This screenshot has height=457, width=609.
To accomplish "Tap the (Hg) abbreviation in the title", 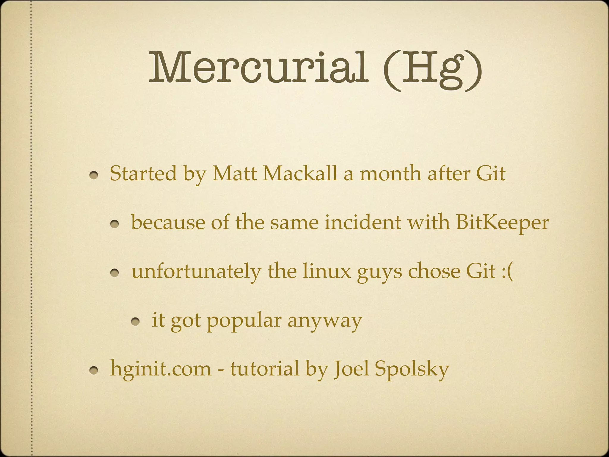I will (432, 70).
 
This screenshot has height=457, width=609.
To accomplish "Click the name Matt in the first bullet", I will (234, 173).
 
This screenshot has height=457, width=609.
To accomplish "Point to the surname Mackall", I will (300, 173).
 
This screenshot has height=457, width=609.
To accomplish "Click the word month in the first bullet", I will (390, 173).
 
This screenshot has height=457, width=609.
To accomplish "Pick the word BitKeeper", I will (502, 223).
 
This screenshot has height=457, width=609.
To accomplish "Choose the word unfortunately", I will (196, 272).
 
